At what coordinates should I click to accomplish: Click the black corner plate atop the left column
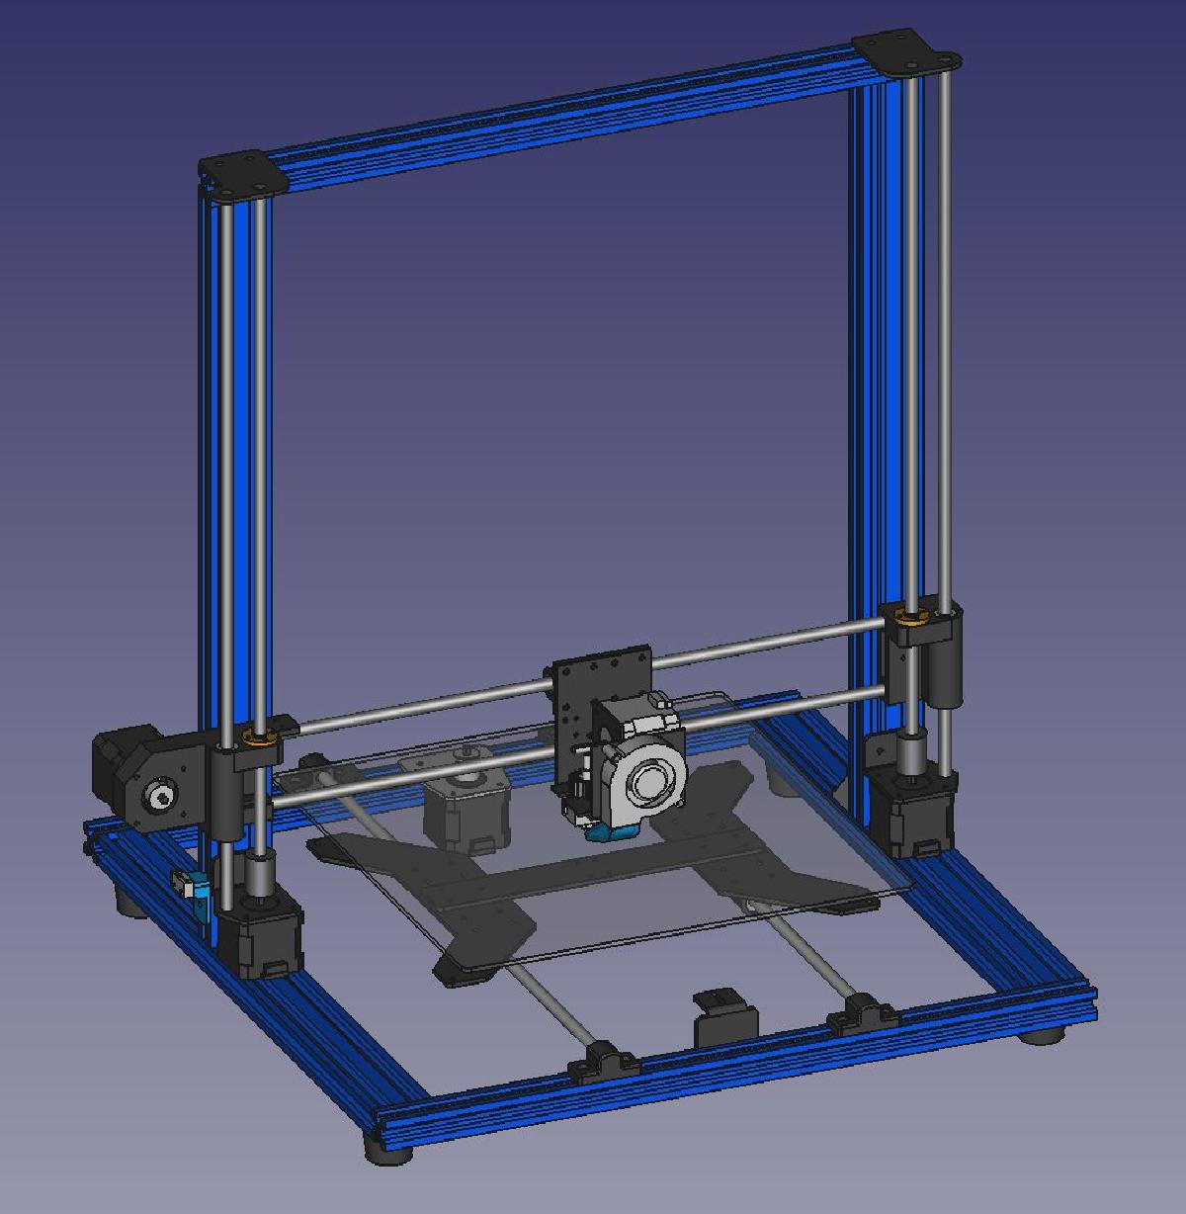click(243, 173)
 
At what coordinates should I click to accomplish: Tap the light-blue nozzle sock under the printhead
click(611, 833)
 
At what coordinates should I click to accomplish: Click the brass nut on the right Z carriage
click(909, 617)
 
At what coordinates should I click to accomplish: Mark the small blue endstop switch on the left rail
click(195, 889)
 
